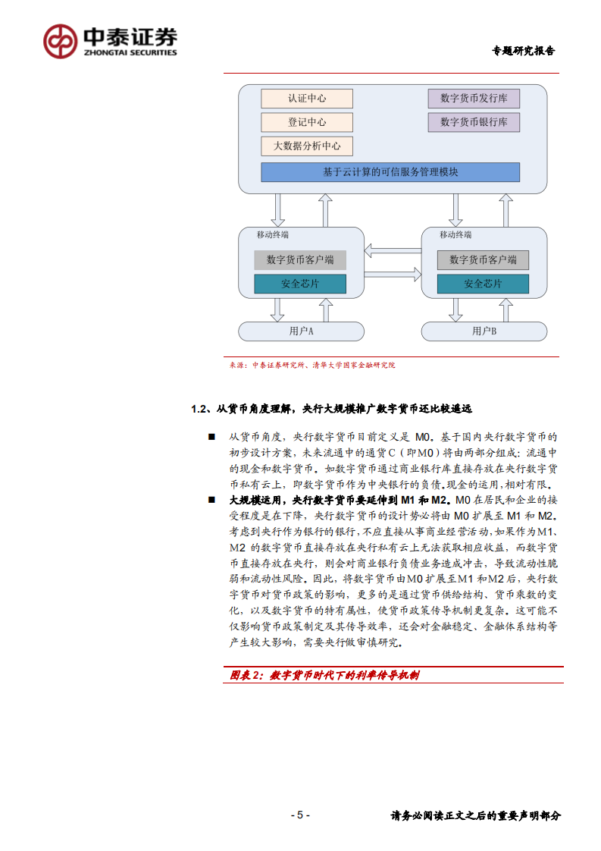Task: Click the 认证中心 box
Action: click(x=307, y=99)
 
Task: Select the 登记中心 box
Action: click(x=307, y=122)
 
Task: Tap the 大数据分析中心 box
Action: click(x=307, y=146)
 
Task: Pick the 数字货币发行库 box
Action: click(x=474, y=98)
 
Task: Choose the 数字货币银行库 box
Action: click(x=474, y=122)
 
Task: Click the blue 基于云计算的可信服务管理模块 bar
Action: click(x=390, y=172)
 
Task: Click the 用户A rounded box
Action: click(x=301, y=331)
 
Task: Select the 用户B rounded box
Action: click(x=484, y=331)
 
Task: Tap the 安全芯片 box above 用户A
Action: click(x=300, y=284)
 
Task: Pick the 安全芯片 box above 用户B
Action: click(x=483, y=284)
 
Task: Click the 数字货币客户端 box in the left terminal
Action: click(x=300, y=260)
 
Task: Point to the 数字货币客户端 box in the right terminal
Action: click(x=483, y=260)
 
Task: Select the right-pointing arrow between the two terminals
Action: click(x=392, y=272)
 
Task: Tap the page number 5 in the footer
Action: click(x=299, y=815)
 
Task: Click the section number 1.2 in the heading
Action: click(x=199, y=409)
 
